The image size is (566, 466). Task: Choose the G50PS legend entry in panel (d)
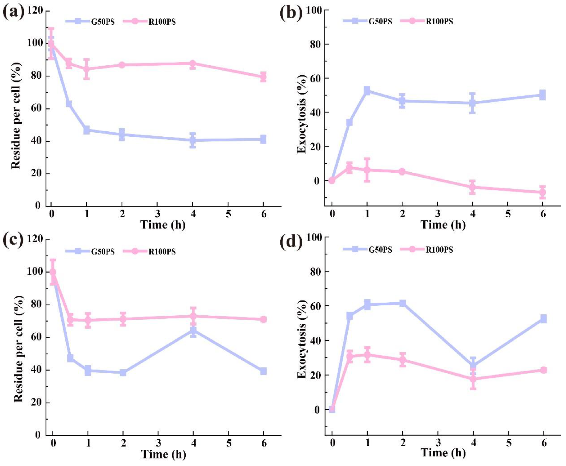click(368, 250)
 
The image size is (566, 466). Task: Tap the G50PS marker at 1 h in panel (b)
click(367, 91)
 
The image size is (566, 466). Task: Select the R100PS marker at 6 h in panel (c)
click(263, 319)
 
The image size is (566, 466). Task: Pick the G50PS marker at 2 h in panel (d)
click(402, 303)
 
